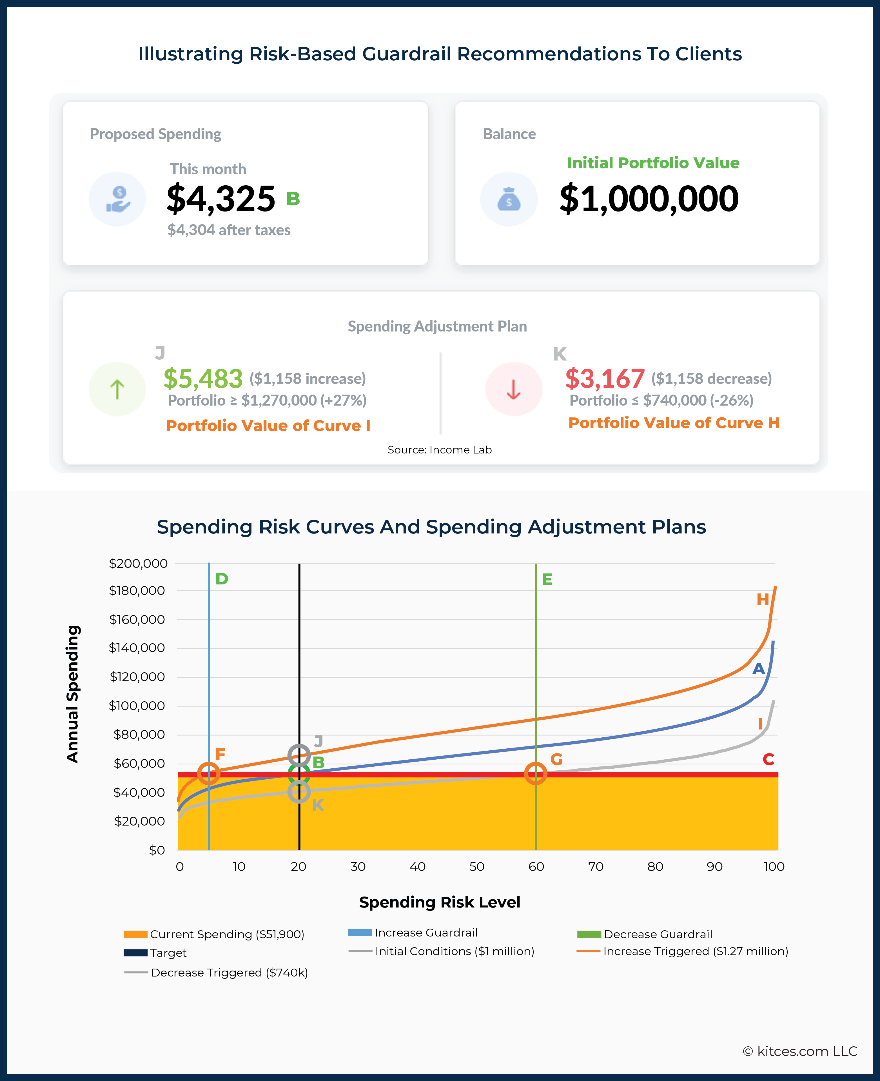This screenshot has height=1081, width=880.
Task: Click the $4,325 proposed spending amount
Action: pyautogui.click(x=221, y=199)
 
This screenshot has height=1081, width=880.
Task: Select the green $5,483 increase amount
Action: pyautogui.click(x=203, y=378)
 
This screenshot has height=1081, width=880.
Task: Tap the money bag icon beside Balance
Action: pyautogui.click(x=509, y=199)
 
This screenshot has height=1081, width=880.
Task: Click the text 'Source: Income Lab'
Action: pyautogui.click(x=440, y=450)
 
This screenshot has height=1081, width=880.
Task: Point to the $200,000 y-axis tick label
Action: pyautogui.click(x=138, y=563)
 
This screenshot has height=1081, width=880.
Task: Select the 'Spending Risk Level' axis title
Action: pyautogui.click(x=440, y=902)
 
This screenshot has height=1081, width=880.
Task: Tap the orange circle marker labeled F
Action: pyautogui.click(x=208, y=773)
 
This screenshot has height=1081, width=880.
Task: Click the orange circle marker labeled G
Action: pyautogui.click(x=535, y=773)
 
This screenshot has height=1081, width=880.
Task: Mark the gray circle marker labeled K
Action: pyautogui.click(x=299, y=791)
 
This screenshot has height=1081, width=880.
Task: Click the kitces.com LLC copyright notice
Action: pyautogui.click(x=800, y=1051)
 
